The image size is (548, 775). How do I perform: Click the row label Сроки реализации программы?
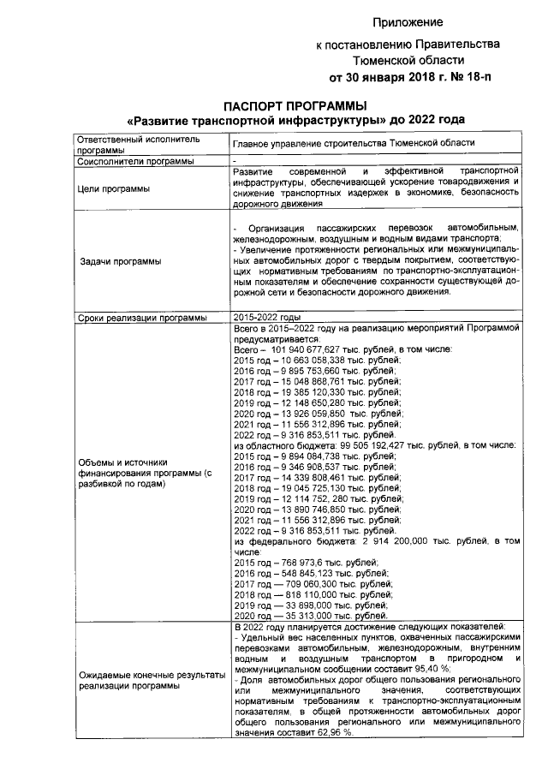pos(140,318)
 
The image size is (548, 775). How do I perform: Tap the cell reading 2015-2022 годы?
pos(266,318)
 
